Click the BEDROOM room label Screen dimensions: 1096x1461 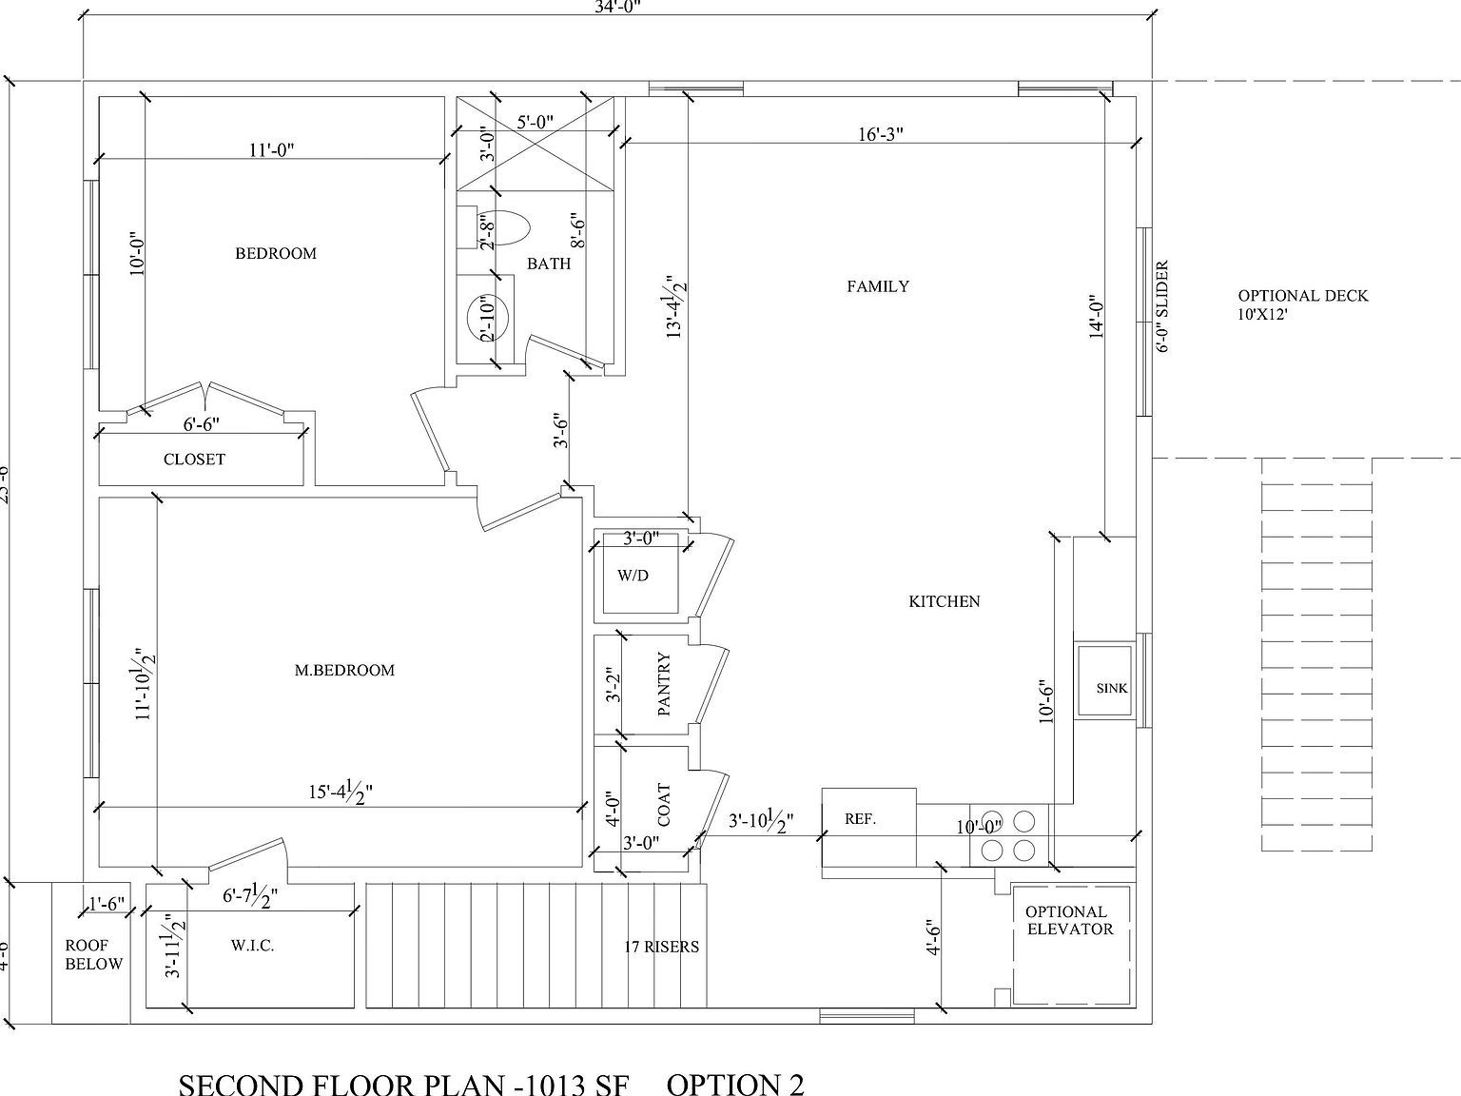click(x=276, y=253)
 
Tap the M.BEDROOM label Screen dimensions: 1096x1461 click(x=344, y=670)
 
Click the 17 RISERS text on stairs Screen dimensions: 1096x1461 click(x=661, y=947)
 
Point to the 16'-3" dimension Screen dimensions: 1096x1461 click(x=880, y=134)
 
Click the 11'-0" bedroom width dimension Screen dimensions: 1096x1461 click(x=272, y=150)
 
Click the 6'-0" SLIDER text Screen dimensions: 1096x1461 click(x=1162, y=306)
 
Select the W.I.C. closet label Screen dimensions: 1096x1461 click(x=252, y=946)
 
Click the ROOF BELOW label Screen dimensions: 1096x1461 click(x=94, y=954)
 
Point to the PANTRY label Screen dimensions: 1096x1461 click(x=665, y=684)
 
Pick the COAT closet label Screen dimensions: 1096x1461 click(x=665, y=805)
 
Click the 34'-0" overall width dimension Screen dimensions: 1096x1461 click(x=617, y=7)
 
